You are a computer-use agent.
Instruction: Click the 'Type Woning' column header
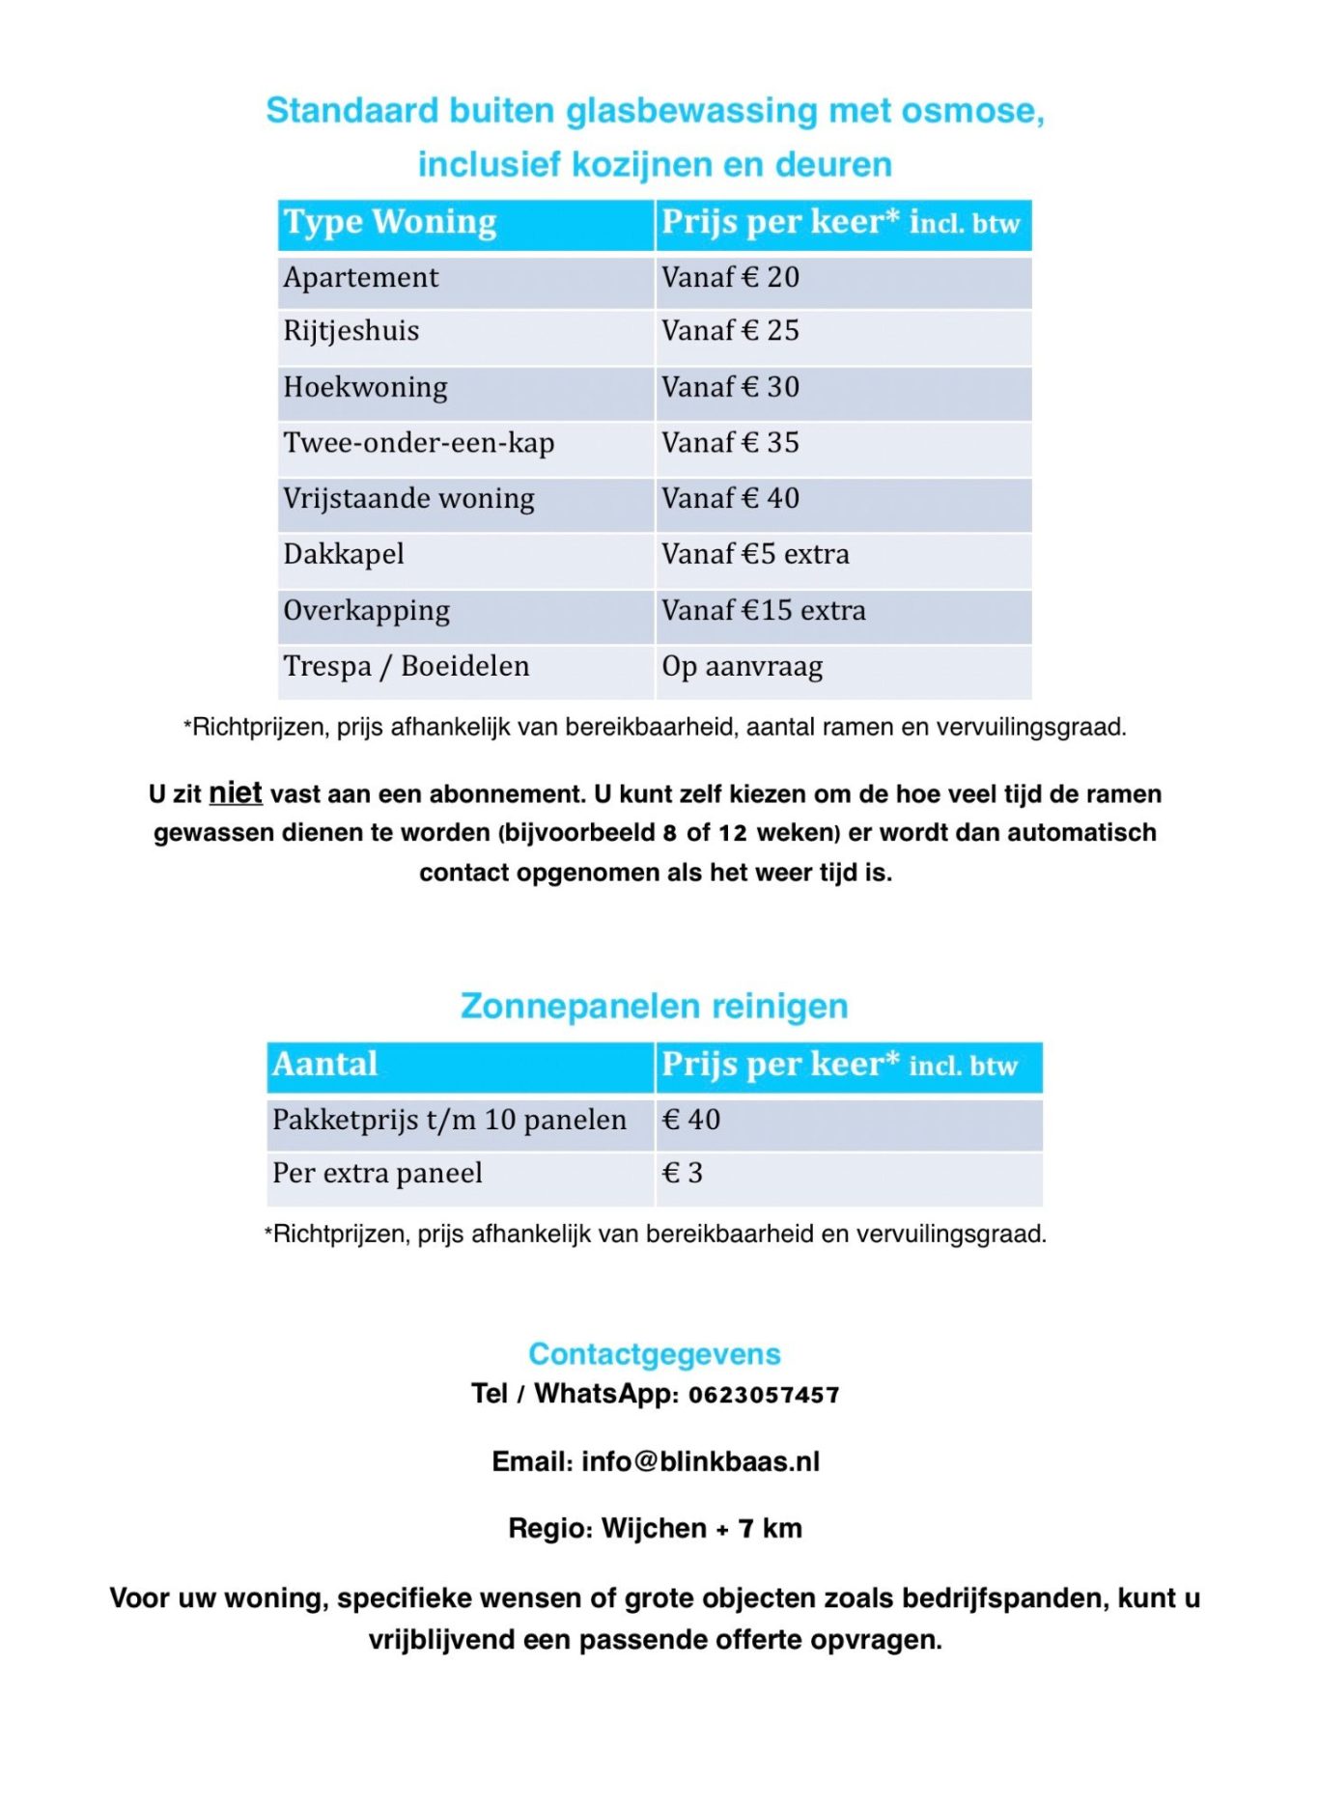pos(389,223)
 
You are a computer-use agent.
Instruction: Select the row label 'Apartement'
pos(360,278)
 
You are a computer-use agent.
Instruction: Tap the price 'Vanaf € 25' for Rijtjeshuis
pos(730,331)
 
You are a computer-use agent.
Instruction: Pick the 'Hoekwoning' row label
pos(365,388)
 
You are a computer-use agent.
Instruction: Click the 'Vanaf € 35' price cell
pos(730,443)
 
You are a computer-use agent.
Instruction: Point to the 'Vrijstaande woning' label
pos(408,499)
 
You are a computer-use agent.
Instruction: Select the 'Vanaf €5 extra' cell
pos(755,555)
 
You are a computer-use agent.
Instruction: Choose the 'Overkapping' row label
pos(366,611)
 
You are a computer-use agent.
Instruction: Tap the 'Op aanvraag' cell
pos(742,667)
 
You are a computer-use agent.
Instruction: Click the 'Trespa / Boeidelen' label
pos(406,667)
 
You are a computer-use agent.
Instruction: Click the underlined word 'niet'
pos(236,793)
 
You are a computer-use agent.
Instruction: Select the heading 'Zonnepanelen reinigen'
pos(654,1006)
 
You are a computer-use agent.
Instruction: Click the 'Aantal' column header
pos(324,1065)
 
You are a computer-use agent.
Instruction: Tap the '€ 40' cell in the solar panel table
pos(690,1121)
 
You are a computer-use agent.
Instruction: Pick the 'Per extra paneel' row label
pos(377,1174)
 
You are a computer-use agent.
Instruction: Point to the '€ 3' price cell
pos(682,1174)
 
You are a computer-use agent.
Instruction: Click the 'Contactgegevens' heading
pos(654,1354)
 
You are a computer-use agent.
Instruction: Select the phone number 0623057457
pos(763,1395)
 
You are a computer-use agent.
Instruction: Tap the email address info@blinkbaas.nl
pos(700,1462)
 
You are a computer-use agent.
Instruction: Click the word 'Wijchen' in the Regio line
pos(654,1529)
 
